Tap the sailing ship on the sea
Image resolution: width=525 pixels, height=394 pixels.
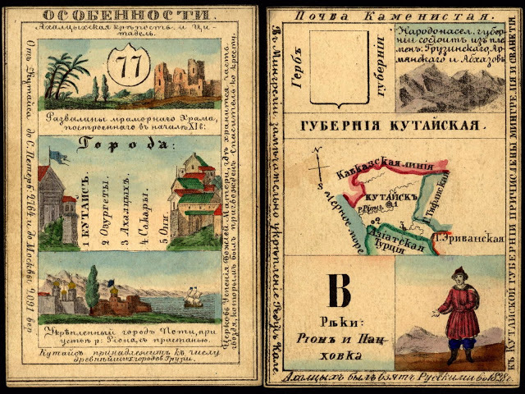tap(194, 298)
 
